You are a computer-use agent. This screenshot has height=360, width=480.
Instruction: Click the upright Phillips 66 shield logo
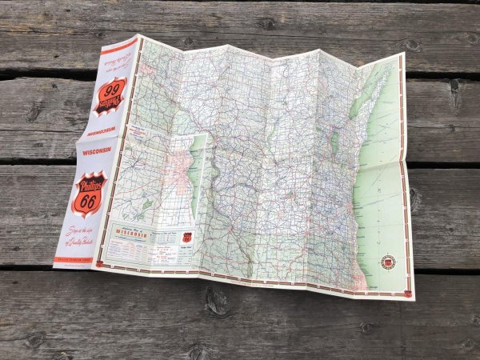tap(87, 193)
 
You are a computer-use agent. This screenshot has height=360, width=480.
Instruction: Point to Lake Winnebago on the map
tap(330, 145)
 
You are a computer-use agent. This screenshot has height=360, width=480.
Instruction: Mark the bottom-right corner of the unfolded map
tap(414, 299)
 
